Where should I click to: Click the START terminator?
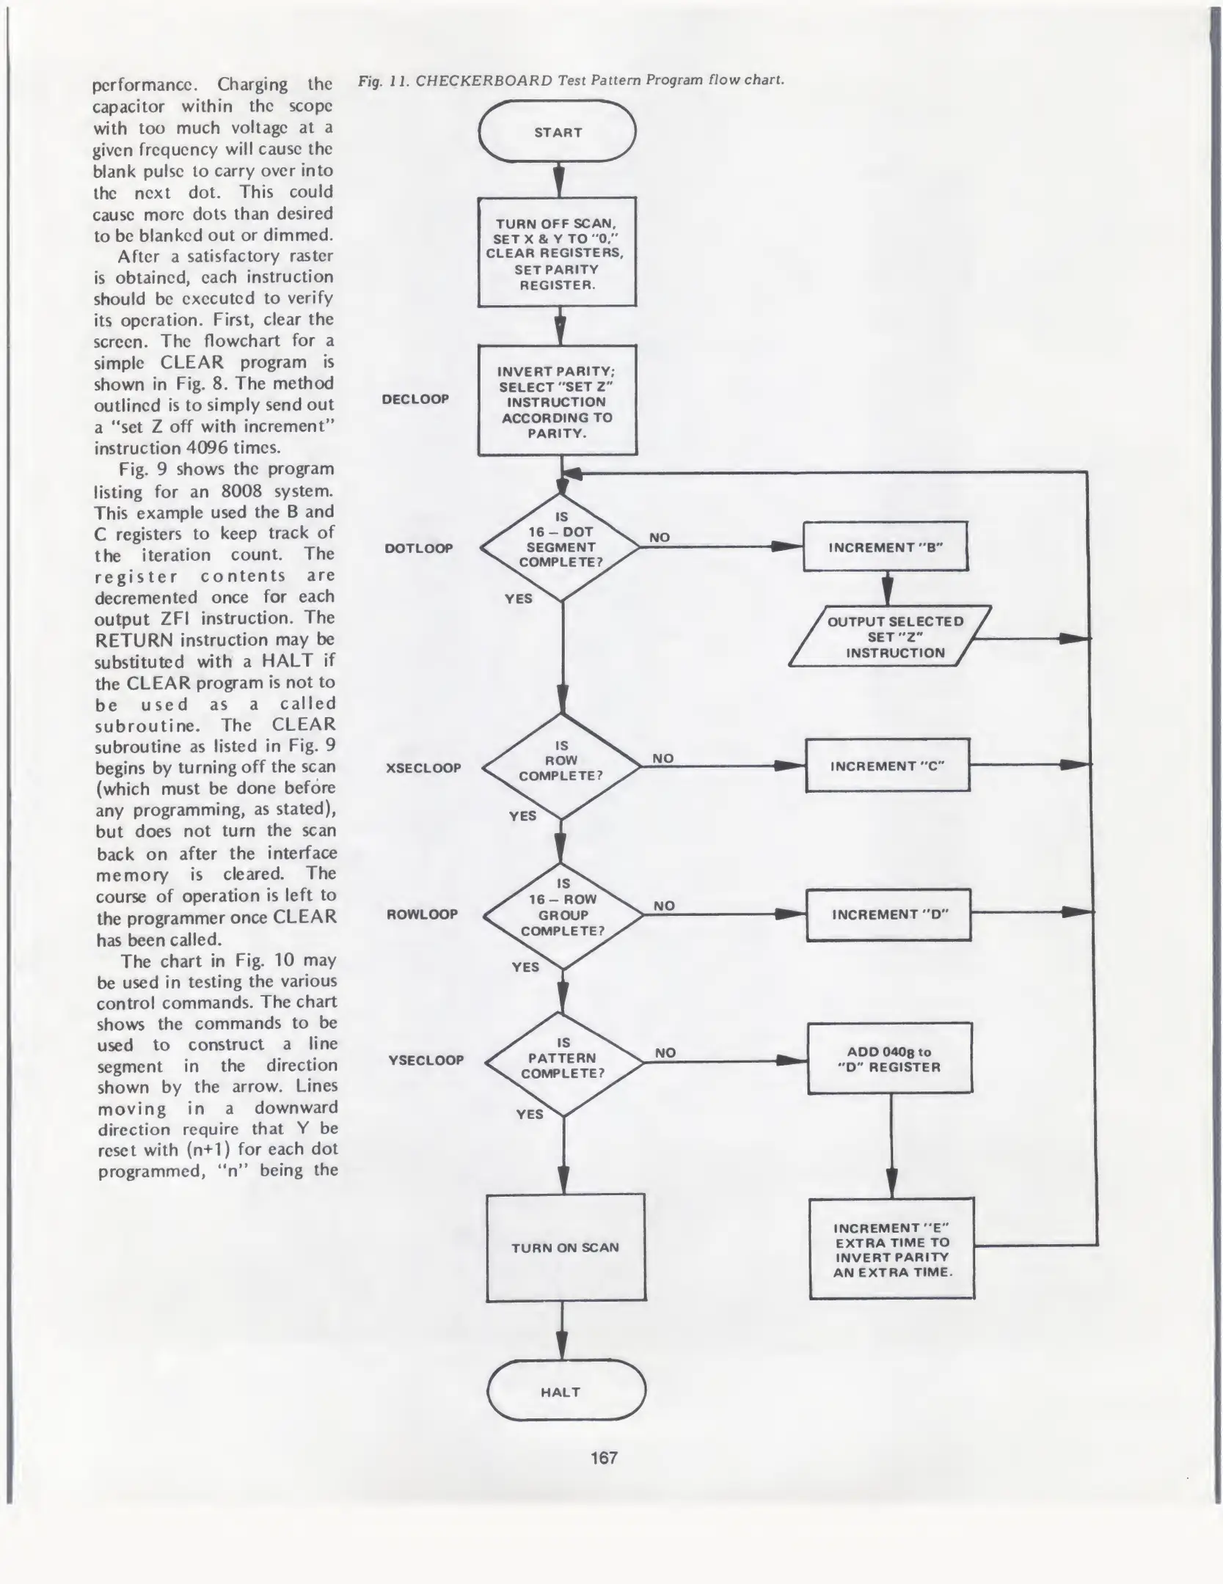(x=558, y=132)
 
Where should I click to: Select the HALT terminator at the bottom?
(x=566, y=1392)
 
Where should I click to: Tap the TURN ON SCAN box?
(x=566, y=1247)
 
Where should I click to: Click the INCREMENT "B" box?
(x=886, y=547)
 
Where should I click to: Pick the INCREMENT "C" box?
(x=888, y=766)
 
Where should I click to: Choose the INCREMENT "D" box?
(x=888, y=914)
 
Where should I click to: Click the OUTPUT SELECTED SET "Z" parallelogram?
(x=890, y=637)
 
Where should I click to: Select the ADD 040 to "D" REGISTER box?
(x=890, y=1059)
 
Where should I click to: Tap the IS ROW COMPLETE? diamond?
(x=561, y=766)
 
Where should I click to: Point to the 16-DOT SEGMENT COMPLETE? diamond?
(x=561, y=547)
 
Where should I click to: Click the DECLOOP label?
(x=415, y=399)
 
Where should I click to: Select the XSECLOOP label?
(x=423, y=768)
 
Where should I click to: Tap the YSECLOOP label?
(x=426, y=1060)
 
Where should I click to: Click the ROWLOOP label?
(x=422, y=914)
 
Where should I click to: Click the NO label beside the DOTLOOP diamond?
(x=659, y=538)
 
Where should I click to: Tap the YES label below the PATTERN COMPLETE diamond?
(x=529, y=1114)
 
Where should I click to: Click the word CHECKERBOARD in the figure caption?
(x=483, y=81)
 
